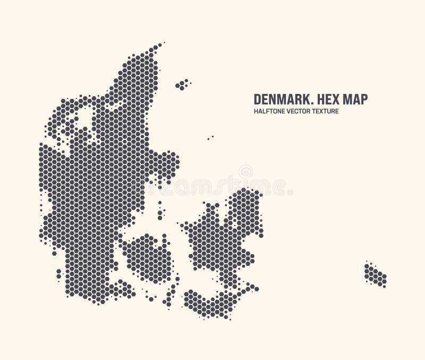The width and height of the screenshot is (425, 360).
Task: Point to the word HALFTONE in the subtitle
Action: [270, 112]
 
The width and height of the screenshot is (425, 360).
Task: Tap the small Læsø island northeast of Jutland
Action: [182, 84]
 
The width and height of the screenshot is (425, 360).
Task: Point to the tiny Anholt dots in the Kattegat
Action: [210, 138]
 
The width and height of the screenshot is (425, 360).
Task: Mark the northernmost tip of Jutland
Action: [158, 46]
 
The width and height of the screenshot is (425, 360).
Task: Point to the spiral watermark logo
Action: [245, 172]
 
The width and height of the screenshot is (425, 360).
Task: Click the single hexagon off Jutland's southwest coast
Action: [54, 253]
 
